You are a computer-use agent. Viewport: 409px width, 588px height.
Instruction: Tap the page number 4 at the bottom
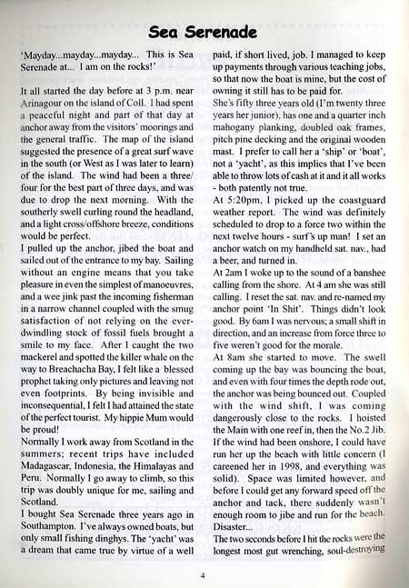click(204, 574)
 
